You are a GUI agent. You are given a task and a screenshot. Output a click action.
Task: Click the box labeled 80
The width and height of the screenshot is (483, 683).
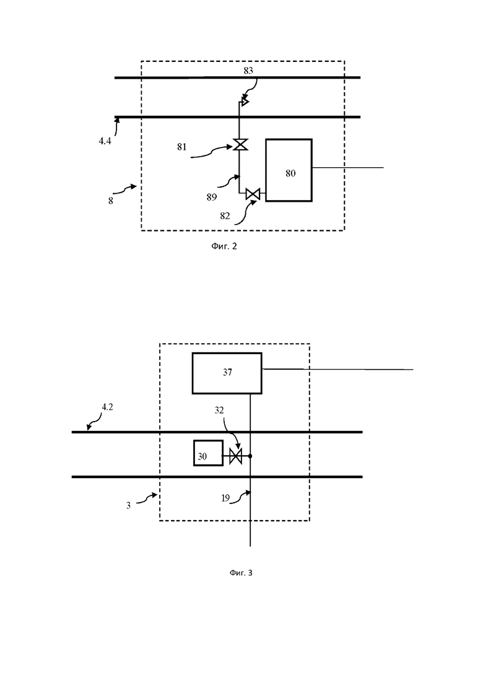(289, 170)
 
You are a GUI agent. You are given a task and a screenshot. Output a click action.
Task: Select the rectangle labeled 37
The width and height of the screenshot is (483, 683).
(227, 373)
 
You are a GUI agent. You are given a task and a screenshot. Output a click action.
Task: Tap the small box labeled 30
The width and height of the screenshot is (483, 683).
(208, 453)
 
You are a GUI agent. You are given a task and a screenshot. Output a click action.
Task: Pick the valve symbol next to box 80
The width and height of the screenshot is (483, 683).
(253, 194)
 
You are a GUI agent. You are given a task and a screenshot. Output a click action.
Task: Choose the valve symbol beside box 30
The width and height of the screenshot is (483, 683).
(236, 456)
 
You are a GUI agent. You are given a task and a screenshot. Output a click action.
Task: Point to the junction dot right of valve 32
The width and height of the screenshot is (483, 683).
(250, 456)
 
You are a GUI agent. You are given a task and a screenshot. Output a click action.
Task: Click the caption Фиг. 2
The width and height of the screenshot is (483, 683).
(224, 246)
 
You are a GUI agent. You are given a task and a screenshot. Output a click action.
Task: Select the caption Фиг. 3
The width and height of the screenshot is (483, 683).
(241, 572)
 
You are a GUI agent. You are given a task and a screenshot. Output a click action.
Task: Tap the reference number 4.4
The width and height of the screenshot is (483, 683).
(105, 141)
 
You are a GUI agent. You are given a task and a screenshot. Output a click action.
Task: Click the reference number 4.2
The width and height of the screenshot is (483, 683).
(107, 407)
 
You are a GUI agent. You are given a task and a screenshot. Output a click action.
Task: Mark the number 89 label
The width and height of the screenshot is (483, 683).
(212, 198)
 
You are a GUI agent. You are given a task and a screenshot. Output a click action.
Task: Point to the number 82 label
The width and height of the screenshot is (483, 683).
(225, 215)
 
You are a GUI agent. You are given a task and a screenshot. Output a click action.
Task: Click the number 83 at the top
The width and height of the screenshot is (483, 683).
(248, 71)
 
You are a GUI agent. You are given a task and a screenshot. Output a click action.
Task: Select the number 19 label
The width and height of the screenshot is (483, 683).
(225, 498)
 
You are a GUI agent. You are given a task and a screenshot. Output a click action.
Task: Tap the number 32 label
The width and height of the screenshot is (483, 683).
(219, 411)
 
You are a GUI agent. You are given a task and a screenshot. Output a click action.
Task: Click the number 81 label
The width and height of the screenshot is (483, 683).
(181, 147)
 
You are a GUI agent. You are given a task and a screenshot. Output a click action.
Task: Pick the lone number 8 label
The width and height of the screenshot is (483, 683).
(111, 201)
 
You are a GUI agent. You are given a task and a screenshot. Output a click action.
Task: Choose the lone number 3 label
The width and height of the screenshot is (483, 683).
(128, 506)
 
